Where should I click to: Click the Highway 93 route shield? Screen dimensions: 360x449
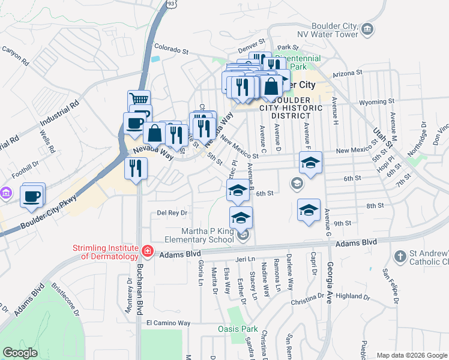pos(172,4)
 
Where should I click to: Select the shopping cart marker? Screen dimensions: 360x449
pos(139,100)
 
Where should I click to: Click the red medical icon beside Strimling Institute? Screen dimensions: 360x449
pos(146,250)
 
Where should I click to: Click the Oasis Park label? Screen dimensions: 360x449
pos(237,329)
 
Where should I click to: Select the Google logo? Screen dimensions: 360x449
pos(20,353)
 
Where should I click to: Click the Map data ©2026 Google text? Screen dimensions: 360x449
pos(411,355)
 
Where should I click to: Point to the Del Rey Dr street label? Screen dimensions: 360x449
pos(172,212)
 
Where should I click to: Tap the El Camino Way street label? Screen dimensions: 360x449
pos(168,323)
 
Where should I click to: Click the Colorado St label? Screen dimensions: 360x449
pos(172,47)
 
